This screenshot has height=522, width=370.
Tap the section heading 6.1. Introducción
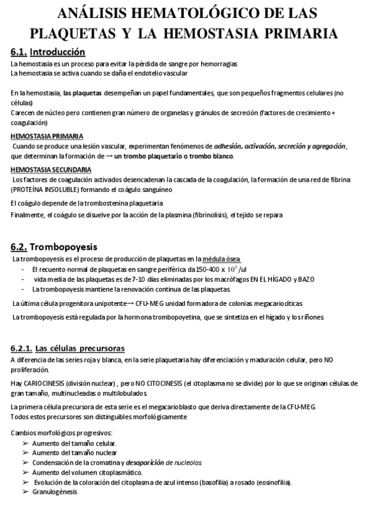[x=48, y=52]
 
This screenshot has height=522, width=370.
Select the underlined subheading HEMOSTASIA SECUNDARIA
[x=52, y=169]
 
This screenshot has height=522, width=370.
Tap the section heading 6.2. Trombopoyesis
[x=55, y=247]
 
